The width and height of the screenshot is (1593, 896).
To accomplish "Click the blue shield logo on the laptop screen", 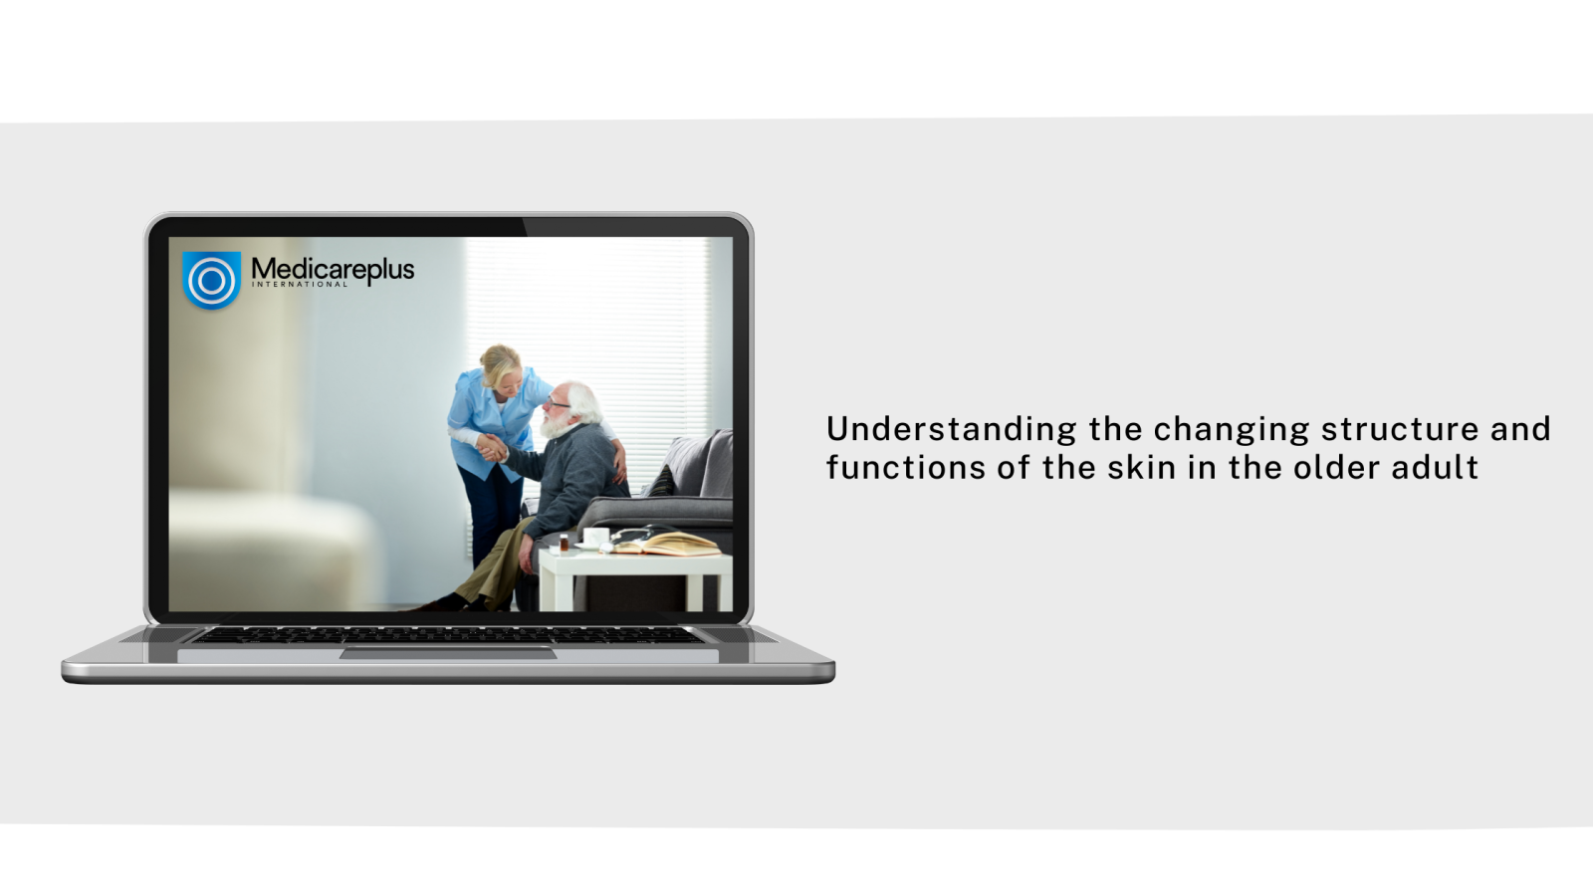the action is coord(211,280).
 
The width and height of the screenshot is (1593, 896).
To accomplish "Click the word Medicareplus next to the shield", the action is coord(333,270).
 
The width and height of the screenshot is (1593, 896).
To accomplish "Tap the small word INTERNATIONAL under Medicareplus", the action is coord(300,285).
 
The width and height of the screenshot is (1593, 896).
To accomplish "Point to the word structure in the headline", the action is coord(1400,429).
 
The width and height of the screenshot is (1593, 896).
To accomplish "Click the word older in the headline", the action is coord(1336,468).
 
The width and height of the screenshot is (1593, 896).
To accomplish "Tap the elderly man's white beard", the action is coord(554,425).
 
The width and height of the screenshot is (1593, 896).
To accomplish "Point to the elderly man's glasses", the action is coord(558,404).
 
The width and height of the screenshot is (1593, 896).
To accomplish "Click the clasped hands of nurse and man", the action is coord(492,449).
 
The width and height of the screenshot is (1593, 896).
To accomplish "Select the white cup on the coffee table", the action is coord(595,537).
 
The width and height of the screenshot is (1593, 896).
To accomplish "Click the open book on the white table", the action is coord(667,544).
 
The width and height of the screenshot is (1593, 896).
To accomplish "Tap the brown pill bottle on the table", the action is coord(564,544).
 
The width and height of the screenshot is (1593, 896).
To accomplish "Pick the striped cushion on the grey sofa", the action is coord(660,482).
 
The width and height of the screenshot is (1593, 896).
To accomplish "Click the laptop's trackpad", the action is coord(448,653).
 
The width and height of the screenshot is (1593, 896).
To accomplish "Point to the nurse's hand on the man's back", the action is coord(620,466).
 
